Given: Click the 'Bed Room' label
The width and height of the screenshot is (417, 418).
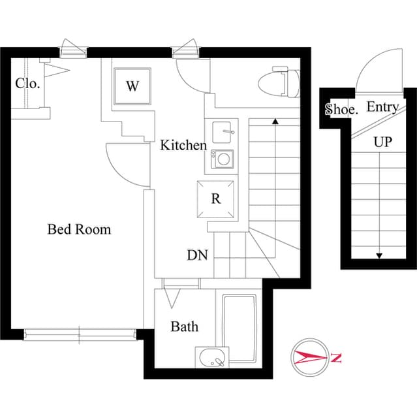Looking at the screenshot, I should coord(79,230).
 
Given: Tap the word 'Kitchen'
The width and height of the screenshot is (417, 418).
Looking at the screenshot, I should coord(183,145).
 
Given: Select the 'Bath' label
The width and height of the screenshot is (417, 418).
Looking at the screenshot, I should coord(185,327).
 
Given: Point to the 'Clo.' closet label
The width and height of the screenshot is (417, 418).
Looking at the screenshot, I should coord(28,84).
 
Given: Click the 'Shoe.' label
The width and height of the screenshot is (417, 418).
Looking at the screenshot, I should coord(342,109).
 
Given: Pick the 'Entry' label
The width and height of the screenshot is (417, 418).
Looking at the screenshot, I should coord(382,107).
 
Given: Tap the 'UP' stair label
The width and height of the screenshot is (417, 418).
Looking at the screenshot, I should coord(382,142).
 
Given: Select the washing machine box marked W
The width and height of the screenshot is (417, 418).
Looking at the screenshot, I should coord(132,86).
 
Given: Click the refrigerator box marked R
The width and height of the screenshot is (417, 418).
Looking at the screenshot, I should coord(216,199).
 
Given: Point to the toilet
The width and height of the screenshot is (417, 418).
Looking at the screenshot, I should coord(279,83).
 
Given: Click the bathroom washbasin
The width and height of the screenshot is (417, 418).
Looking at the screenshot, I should coord(212,358).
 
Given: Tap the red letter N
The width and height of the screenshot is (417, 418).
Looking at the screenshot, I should coord(335,357).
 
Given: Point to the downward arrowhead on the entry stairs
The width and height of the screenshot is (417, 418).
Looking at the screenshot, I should coord(378,255).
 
